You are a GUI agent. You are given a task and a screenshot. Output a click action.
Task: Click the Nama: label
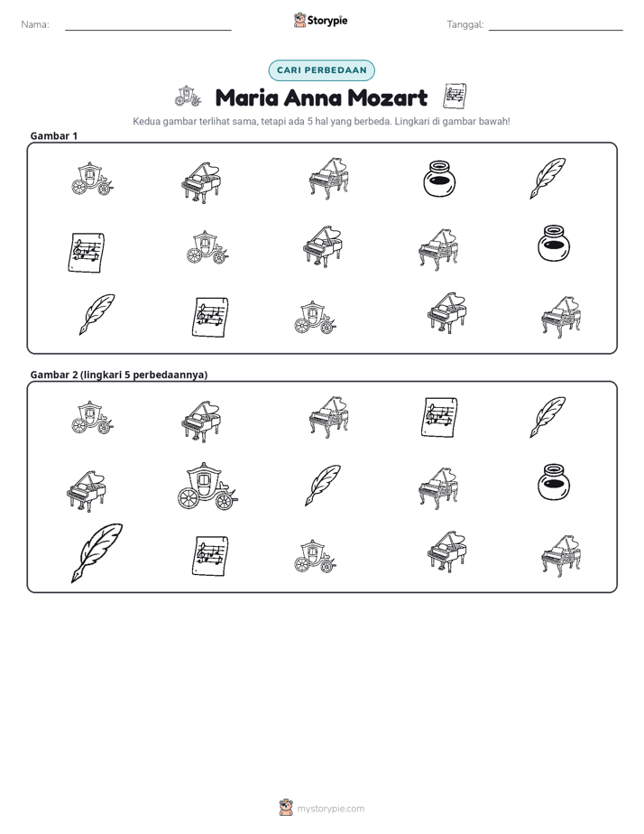(35, 24)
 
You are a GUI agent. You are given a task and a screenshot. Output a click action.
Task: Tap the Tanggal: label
(465, 24)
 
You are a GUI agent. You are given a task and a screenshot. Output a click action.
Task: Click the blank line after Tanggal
(556, 30)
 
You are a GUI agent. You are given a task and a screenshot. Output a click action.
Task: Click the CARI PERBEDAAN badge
(321, 70)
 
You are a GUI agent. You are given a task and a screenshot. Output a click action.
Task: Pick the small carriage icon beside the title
(189, 96)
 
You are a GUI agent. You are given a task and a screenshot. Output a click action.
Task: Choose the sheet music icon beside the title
(455, 96)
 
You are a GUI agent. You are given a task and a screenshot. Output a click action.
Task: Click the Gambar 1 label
(54, 135)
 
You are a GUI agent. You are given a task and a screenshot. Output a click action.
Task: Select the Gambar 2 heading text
(118, 375)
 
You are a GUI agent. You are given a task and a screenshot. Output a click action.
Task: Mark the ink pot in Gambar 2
(553, 482)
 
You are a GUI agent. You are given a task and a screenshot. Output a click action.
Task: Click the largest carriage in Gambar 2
(207, 486)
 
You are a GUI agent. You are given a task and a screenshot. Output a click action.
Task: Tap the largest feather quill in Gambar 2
(97, 552)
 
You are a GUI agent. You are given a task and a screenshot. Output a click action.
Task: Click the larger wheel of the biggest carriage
(189, 498)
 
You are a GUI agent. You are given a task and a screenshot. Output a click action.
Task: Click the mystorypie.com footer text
(330, 809)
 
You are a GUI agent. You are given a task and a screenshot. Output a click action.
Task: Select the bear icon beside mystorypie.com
(286, 808)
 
